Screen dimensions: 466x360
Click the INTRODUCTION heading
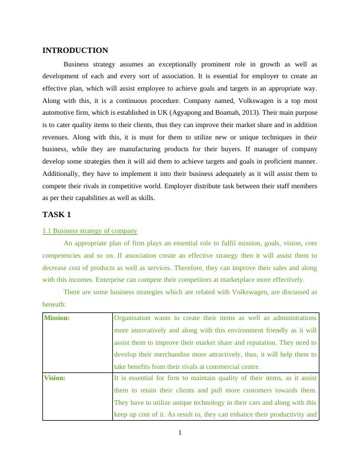(75, 51)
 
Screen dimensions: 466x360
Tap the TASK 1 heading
(56, 215)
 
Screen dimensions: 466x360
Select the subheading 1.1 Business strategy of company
(90, 231)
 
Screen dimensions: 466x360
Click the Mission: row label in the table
(57, 318)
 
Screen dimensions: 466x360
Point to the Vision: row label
(55, 378)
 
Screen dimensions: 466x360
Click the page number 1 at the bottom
(180, 434)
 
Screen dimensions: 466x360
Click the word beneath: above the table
(54, 304)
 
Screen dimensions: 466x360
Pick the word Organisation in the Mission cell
(132, 318)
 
